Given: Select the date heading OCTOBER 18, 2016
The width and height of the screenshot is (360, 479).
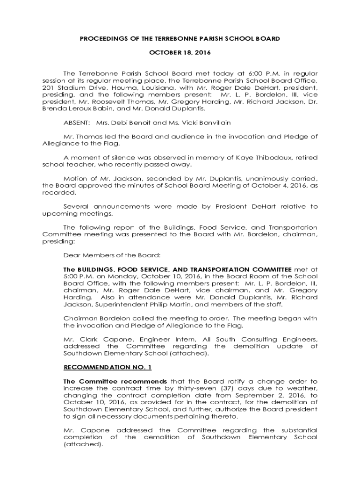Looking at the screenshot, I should [180, 53].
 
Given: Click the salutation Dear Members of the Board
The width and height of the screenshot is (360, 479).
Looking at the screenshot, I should [112, 255].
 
